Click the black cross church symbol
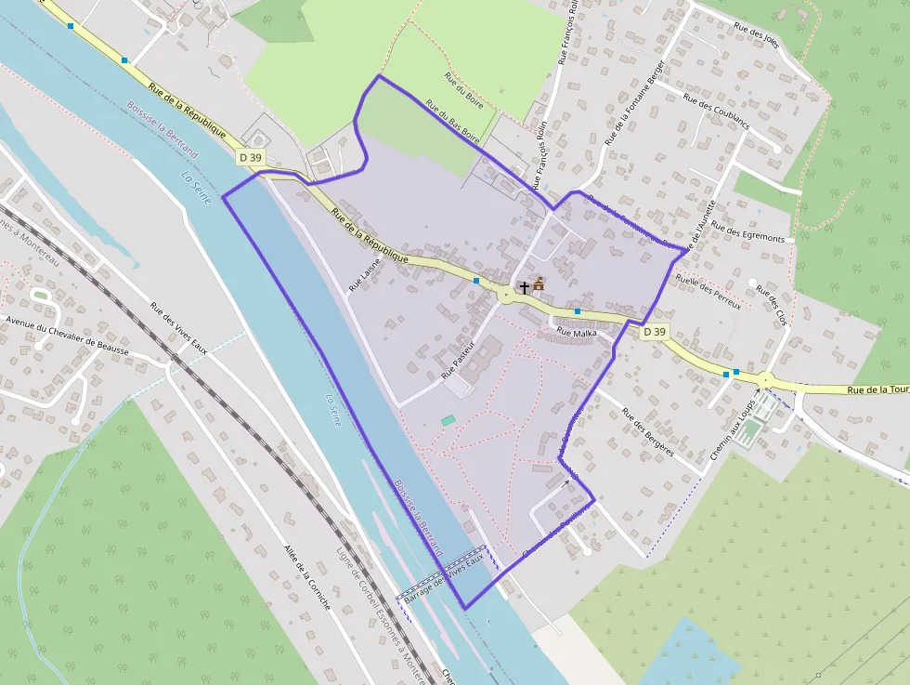525,288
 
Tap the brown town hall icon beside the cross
539,283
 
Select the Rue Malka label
577,332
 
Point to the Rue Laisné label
365,276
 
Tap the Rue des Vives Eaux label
179,328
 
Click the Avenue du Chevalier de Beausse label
67,336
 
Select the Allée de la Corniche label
307,576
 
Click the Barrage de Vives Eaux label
445,577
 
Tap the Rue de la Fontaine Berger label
635,102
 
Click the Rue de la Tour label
877,389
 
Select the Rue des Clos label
772,304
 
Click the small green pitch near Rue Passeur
448,421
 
